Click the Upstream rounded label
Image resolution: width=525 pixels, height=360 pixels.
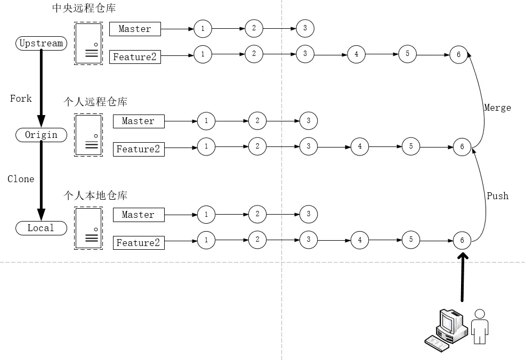pos(41,43)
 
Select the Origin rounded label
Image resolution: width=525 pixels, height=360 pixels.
pos(41,135)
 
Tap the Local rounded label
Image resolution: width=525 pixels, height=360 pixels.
pos(41,228)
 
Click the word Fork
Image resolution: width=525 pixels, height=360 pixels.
pos(21,99)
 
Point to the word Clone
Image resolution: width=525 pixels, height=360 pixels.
pos(21,179)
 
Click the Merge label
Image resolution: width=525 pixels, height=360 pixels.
pos(497,108)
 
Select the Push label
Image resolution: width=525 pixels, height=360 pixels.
pos(497,196)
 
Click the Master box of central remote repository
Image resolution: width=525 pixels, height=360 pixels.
pos(135,29)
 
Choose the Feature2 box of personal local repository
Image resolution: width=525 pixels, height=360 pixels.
pos(138,243)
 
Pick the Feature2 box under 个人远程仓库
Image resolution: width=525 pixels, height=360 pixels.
pos(138,149)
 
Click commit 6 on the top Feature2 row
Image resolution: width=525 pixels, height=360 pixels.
pos(458,54)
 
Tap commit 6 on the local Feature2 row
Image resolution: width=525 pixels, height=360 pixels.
pos(462,241)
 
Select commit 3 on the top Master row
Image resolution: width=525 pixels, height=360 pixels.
pos(305,28)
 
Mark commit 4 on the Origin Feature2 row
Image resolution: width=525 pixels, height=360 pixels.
pos(360,146)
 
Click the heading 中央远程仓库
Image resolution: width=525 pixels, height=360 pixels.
pos(92,8)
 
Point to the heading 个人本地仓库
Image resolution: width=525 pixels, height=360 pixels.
pos(95,195)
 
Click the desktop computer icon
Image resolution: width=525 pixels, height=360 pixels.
pos(446,329)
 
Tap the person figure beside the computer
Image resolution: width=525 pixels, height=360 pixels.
pos(480,326)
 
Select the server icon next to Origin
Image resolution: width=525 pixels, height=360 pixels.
pos(88,136)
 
